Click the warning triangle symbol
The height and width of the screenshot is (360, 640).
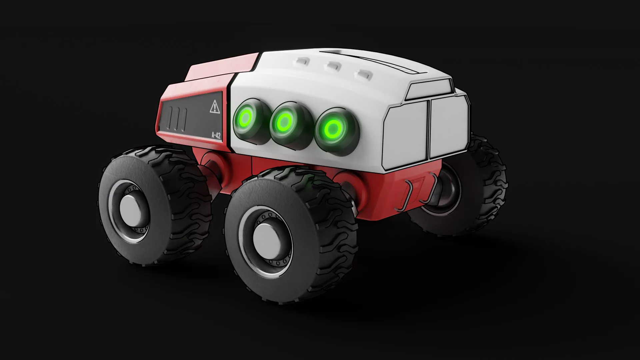(x=214, y=107)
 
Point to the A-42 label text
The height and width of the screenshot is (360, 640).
(x=216, y=136)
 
